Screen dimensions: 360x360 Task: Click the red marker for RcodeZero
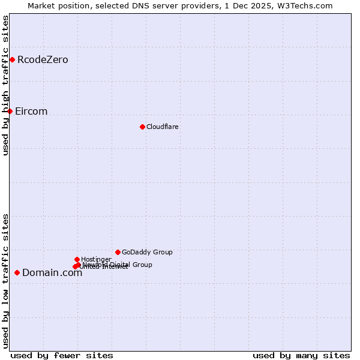(12, 59)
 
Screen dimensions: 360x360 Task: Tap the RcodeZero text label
(43, 59)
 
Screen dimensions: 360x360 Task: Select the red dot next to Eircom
(10, 111)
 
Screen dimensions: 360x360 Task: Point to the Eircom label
(31, 111)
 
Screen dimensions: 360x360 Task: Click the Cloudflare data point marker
(142, 127)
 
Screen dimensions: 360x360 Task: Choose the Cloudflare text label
(162, 127)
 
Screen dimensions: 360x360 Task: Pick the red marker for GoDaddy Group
(118, 252)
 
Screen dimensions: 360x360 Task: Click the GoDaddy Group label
(147, 252)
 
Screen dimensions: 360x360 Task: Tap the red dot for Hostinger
(77, 259)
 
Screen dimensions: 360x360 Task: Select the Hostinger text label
(96, 259)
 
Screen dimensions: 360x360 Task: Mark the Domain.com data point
(17, 272)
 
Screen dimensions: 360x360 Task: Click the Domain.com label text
(52, 273)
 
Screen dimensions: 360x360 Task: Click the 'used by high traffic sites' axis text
(6, 85)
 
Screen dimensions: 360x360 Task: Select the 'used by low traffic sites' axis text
(6, 280)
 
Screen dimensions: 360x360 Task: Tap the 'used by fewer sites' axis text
(62, 355)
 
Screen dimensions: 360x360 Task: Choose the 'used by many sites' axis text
(301, 355)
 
